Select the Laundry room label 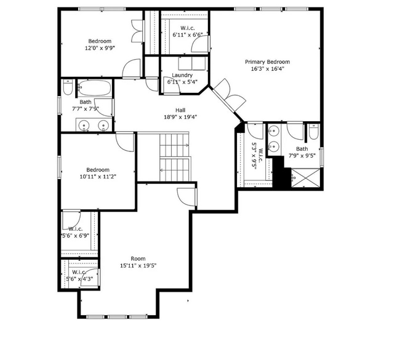point(182,75)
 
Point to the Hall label point(180,110)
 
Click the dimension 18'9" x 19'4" point(180,117)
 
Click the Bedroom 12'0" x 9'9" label point(100,41)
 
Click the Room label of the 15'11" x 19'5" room point(138,258)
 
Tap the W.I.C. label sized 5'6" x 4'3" point(79,272)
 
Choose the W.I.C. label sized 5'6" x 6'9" point(76,229)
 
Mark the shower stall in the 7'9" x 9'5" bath point(305,177)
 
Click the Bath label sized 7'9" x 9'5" point(302,149)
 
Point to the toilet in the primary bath point(313,132)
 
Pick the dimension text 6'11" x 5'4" point(182,82)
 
